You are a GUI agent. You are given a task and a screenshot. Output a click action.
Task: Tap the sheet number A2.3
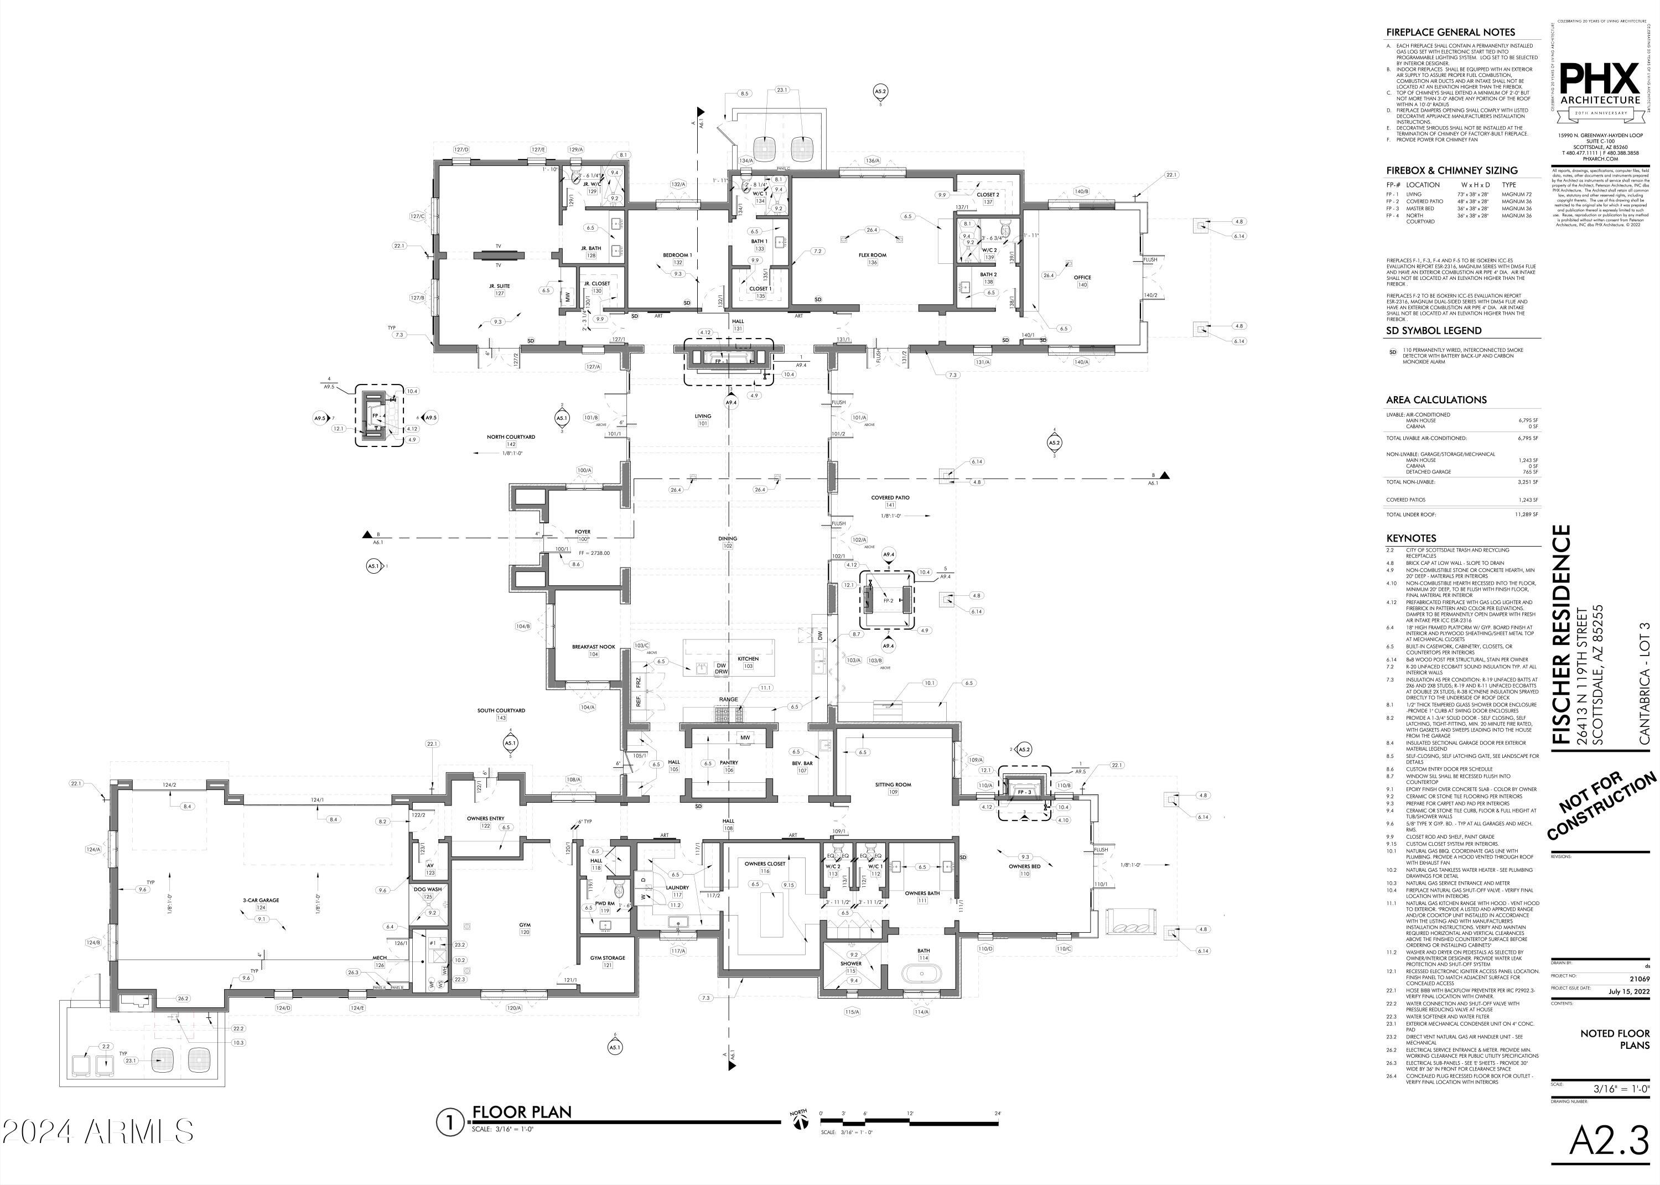[1608, 1141]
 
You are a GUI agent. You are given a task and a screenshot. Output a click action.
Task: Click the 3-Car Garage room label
[261, 901]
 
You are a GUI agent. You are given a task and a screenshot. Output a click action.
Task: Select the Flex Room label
[872, 256]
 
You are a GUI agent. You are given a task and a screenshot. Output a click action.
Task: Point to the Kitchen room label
[748, 659]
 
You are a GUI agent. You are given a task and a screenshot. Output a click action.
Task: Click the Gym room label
[525, 925]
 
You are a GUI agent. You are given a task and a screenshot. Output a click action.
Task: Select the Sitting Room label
[893, 785]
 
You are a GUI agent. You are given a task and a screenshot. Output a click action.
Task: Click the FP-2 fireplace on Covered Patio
[888, 600]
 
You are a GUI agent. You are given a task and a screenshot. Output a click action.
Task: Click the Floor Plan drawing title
[522, 1112]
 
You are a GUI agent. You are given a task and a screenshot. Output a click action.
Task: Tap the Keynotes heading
[1410, 538]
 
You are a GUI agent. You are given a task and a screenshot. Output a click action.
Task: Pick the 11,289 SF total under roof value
[1526, 514]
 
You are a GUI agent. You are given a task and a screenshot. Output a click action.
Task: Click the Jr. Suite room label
[500, 287]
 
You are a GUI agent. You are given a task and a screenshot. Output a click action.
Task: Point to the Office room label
[1082, 277]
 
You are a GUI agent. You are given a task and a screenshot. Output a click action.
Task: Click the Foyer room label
[582, 532]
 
